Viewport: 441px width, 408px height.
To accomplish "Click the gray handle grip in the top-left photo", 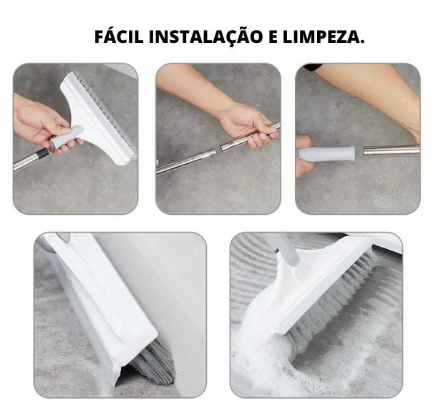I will [65, 137].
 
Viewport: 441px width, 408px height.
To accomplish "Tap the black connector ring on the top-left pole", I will [43, 153].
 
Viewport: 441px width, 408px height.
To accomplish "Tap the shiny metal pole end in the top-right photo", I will [390, 150].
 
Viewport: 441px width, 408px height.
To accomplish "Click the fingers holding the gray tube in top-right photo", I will [304, 154].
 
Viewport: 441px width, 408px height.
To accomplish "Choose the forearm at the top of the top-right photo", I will [372, 89].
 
